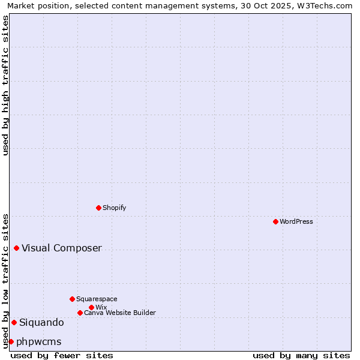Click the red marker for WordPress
[x=275, y=221]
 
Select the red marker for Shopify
[x=98, y=208]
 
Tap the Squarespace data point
[x=72, y=299]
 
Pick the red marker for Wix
[x=91, y=307]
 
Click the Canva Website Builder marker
[x=80, y=313]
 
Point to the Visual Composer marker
[x=16, y=248]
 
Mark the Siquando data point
[x=14, y=322]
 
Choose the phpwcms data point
[x=11, y=341]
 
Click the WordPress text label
[x=296, y=221]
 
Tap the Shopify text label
[x=115, y=208]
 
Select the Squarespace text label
[x=97, y=299]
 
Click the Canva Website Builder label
[x=120, y=313]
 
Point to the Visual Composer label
[x=62, y=248]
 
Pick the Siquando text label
[x=41, y=322]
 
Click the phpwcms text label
[x=39, y=341]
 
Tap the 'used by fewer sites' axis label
[x=62, y=355]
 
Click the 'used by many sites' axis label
[x=301, y=355]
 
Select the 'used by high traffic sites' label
[x=5, y=85]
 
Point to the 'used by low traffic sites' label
[x=5, y=281]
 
